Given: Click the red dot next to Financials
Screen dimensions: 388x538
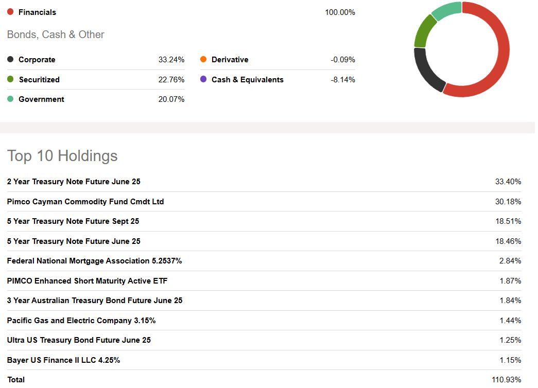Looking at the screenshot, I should [10, 12].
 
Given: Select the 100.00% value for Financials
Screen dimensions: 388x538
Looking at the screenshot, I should [340, 12].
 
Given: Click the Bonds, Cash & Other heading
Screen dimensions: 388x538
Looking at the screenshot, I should [56, 34].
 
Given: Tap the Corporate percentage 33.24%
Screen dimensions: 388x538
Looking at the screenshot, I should [171, 60].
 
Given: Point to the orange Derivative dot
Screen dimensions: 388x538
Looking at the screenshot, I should [203, 60].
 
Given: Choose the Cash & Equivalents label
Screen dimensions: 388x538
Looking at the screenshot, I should [247, 80].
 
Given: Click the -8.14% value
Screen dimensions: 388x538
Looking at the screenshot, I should [342, 80].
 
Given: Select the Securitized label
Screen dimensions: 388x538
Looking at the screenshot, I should [39, 80].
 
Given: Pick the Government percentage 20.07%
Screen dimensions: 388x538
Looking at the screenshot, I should [171, 99].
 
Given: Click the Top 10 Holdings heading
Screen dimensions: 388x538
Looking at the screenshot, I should [62, 156].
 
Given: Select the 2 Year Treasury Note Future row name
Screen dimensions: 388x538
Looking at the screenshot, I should [74, 182].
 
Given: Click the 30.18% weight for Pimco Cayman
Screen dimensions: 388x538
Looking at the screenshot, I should [508, 202].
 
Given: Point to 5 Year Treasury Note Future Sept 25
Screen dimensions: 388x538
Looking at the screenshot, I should [73, 221].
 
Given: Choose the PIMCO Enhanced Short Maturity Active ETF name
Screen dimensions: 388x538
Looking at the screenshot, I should [87, 281].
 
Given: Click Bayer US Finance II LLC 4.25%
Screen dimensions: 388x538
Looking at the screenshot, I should [63, 360].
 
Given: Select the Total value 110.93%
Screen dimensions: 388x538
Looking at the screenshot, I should [506, 380].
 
